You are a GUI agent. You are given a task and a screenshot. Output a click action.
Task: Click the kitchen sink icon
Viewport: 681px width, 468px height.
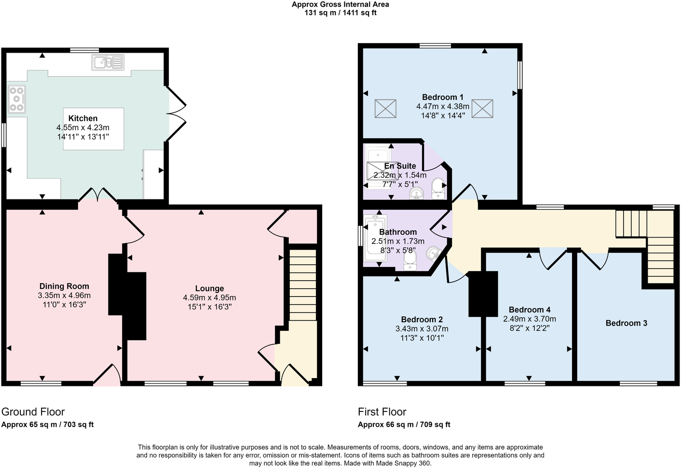[108, 62]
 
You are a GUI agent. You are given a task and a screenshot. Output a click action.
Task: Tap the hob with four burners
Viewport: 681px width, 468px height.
[16, 99]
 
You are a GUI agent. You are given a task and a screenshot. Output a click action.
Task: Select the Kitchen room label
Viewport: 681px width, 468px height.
[83, 118]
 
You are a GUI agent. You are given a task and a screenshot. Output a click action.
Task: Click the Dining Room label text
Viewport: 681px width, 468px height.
[64, 286]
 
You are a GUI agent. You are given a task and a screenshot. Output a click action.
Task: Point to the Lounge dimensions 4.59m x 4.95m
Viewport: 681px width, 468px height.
[209, 298]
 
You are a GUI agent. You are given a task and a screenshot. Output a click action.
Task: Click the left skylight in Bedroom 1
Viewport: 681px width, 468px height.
[385, 109]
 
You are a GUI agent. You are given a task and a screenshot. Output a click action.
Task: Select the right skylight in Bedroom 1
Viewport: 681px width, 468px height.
[482, 109]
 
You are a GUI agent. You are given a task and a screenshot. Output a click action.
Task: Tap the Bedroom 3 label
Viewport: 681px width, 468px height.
[626, 323]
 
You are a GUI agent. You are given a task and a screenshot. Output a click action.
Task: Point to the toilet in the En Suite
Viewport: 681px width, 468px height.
[438, 188]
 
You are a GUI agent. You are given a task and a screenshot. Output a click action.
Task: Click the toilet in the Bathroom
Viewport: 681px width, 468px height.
[410, 260]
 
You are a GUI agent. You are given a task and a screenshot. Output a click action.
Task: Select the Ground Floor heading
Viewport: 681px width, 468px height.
[33, 412]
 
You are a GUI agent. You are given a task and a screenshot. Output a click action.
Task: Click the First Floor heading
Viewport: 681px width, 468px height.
[382, 412]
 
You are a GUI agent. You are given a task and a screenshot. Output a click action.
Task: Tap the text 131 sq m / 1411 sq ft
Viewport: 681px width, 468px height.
[340, 13]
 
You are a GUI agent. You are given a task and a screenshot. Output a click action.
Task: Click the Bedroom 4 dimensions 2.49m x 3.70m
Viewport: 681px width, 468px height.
[529, 319]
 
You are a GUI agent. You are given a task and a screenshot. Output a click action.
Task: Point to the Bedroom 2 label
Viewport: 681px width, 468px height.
[422, 319]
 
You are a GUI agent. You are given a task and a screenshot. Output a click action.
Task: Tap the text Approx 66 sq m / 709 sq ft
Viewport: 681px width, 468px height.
[404, 425]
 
